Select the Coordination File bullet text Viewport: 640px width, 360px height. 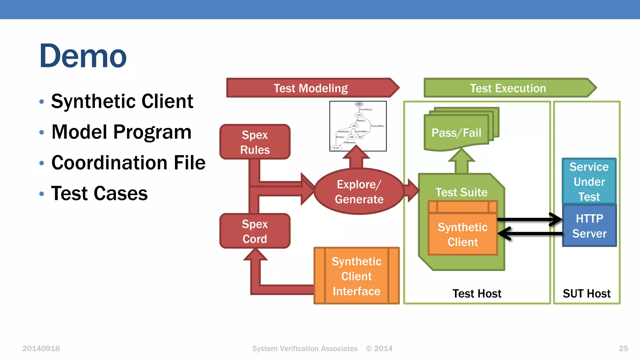[x=128, y=163]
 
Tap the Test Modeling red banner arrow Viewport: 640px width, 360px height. [x=311, y=88]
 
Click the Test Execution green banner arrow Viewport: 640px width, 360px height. [x=508, y=88]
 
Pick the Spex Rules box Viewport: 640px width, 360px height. [x=255, y=142]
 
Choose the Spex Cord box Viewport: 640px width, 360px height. [x=255, y=231]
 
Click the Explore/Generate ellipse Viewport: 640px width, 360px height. [x=359, y=192]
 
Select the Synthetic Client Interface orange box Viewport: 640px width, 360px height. [x=356, y=276]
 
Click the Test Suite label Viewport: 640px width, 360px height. [x=461, y=192]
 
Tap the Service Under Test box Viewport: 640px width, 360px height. [x=589, y=182]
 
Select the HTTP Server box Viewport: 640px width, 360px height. [x=589, y=226]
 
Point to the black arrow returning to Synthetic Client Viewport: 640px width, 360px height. [x=531, y=233]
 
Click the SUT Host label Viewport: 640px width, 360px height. [x=587, y=293]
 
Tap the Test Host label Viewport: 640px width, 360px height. [x=477, y=293]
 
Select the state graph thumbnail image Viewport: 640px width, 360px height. [x=358, y=126]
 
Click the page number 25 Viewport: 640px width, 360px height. [x=623, y=348]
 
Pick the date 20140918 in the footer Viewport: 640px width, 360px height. [x=41, y=348]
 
